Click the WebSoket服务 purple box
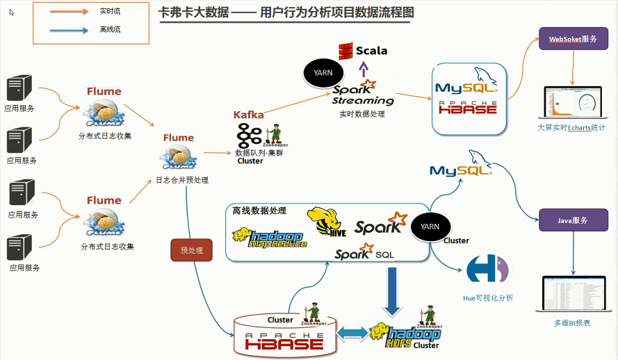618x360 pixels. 574,39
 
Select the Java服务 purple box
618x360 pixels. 574,220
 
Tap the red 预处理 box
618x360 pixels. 191,250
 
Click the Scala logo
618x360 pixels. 363,51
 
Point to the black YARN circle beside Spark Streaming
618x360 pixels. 323,72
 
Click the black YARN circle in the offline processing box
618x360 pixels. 430,227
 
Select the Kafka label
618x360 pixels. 249,114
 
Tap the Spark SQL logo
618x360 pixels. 364,253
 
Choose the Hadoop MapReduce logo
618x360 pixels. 270,237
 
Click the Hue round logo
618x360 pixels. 487,270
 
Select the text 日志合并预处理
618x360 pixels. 181,180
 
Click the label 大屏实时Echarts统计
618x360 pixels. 572,128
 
